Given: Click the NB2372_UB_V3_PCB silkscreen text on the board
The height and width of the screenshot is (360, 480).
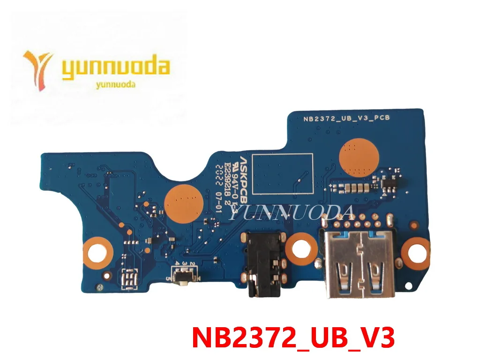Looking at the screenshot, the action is point(340,119).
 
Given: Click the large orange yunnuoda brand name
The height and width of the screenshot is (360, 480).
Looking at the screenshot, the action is point(115,68).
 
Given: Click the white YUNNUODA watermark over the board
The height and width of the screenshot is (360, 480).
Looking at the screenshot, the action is point(293,213).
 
